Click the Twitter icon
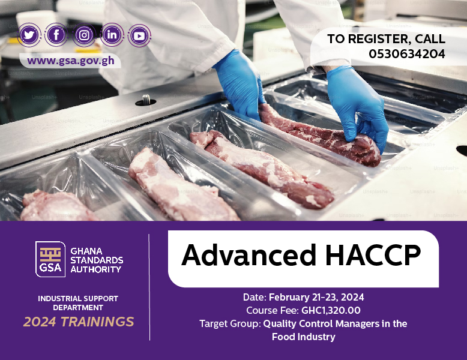pyautogui.click(x=29, y=35)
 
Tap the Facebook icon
pyautogui.click(x=56, y=35)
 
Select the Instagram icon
pyautogui.click(x=84, y=35)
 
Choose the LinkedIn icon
pyautogui.click(x=112, y=35)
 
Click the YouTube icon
pyautogui.click(x=139, y=36)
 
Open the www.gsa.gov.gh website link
pyautogui.click(x=71, y=61)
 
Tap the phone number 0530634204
pyautogui.click(x=407, y=54)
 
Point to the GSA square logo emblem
pyautogui.click(x=50, y=259)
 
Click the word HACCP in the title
pyautogui.click(x=373, y=255)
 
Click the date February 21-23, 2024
pyautogui.click(x=316, y=297)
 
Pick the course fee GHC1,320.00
pyautogui.click(x=331, y=310)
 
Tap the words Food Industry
pyautogui.click(x=304, y=337)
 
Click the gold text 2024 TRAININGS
pyautogui.click(x=79, y=322)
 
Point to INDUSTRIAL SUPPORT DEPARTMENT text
pyautogui.click(x=78, y=303)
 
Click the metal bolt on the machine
pyautogui.click(x=146, y=100)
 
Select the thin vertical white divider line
pyautogui.click(x=149, y=287)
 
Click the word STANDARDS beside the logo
pyautogui.click(x=97, y=260)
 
